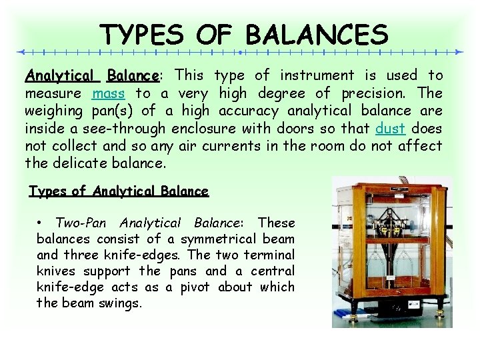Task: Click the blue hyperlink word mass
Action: (x=109, y=93)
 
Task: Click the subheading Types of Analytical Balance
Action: (x=119, y=191)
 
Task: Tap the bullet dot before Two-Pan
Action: (x=41, y=223)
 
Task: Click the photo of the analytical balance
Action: (x=391, y=252)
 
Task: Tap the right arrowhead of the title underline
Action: (x=459, y=51)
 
